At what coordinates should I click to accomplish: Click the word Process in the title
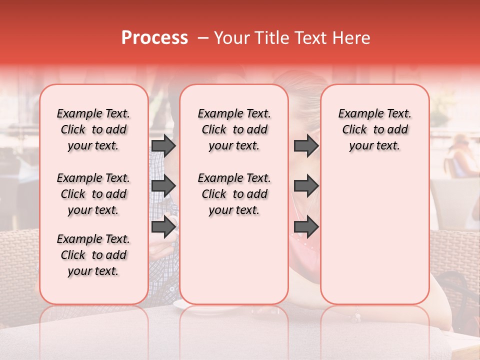click(x=154, y=38)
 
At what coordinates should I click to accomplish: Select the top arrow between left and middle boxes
click(x=163, y=145)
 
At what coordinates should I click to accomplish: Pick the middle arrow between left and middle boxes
click(x=163, y=186)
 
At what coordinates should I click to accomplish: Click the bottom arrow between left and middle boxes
click(x=163, y=226)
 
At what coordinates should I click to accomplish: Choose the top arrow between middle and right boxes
click(x=306, y=145)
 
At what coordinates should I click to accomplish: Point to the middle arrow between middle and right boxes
click(x=306, y=186)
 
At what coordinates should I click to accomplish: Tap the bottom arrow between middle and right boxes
click(x=306, y=226)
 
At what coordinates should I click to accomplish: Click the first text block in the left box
click(x=93, y=129)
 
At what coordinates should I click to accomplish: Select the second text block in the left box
click(x=93, y=194)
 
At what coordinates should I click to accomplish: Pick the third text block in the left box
click(x=93, y=255)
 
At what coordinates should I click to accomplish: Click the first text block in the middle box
click(x=234, y=129)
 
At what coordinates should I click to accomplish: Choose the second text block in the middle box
click(x=234, y=194)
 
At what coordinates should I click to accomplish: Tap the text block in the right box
click(x=374, y=129)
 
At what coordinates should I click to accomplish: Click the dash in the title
click(x=202, y=38)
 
